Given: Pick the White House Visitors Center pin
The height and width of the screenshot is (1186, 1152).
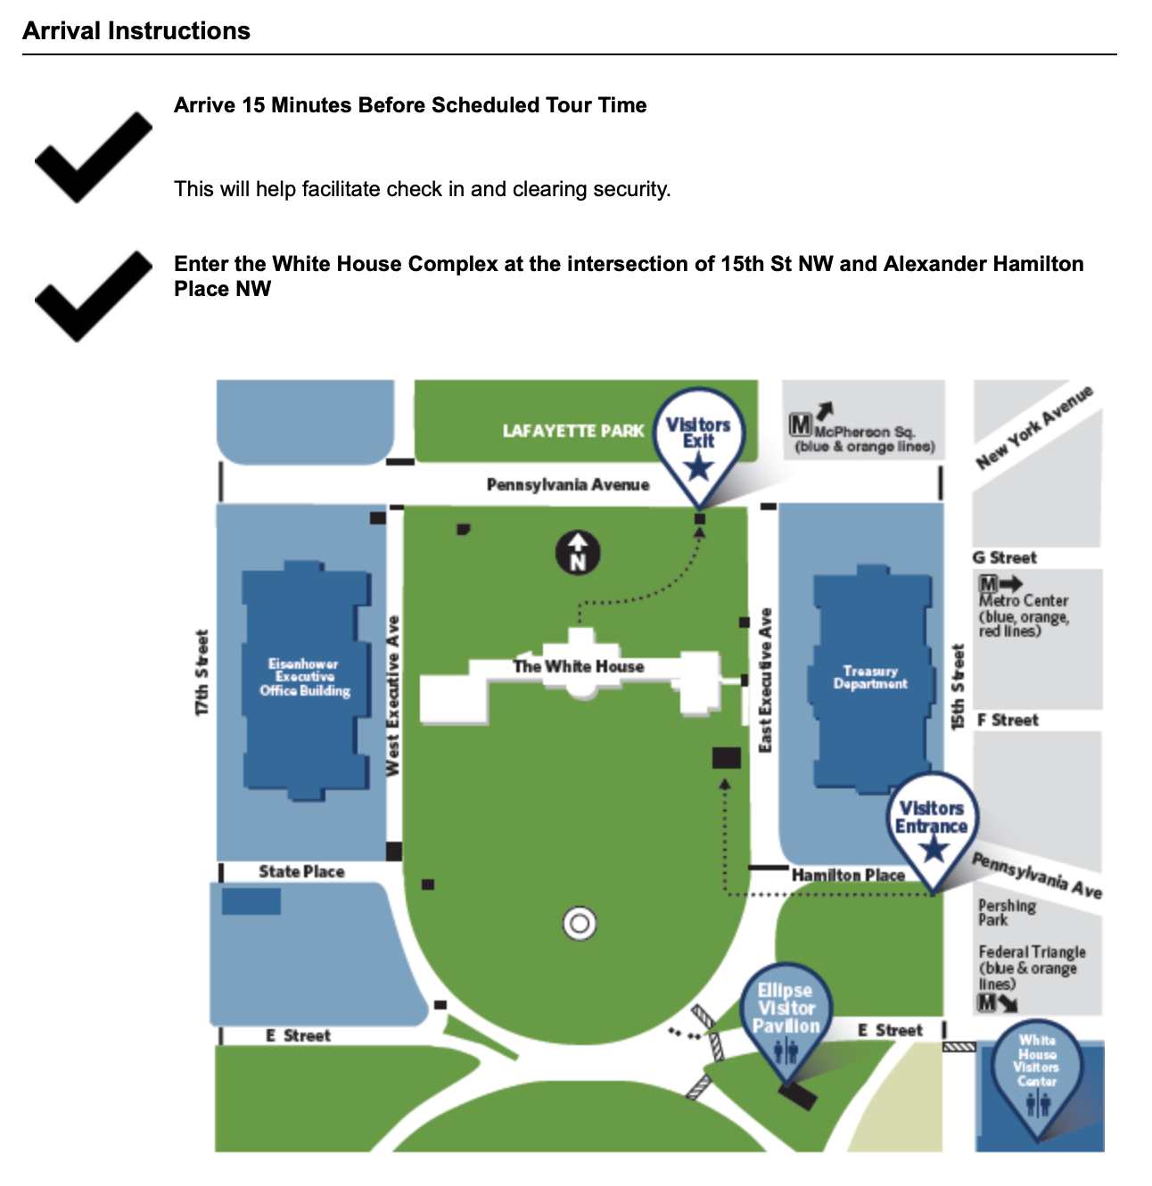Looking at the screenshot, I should [x=1036, y=1070].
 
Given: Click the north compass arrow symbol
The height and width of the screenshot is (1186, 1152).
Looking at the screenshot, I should [x=578, y=553].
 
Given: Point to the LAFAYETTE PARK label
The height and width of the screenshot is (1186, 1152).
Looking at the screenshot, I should [x=573, y=432].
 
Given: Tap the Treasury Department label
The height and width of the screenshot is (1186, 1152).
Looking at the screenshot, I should [x=869, y=677].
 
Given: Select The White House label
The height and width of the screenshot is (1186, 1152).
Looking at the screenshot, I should [x=578, y=666].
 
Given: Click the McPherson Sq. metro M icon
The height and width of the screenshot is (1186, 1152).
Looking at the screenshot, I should [x=801, y=425].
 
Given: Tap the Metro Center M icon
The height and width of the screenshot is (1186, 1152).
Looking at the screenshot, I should [x=988, y=585].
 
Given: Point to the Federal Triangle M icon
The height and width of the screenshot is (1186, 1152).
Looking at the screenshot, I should [x=987, y=1002].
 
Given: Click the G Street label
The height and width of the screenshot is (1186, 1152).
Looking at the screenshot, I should [x=1004, y=558].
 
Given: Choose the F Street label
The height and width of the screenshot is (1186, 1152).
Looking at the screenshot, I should [x=1008, y=720].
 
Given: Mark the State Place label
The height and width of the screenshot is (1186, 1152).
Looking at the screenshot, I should [x=301, y=872].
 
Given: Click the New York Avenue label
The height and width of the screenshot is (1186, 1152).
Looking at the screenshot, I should [x=1034, y=428].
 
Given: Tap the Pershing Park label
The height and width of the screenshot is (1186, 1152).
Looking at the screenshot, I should [x=1007, y=912].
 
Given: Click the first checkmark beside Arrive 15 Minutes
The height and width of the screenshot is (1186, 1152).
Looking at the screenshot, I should [x=94, y=156].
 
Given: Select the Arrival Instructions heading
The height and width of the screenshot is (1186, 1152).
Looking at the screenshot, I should [x=136, y=31].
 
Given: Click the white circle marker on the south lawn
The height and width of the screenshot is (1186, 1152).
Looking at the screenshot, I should [x=580, y=924].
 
